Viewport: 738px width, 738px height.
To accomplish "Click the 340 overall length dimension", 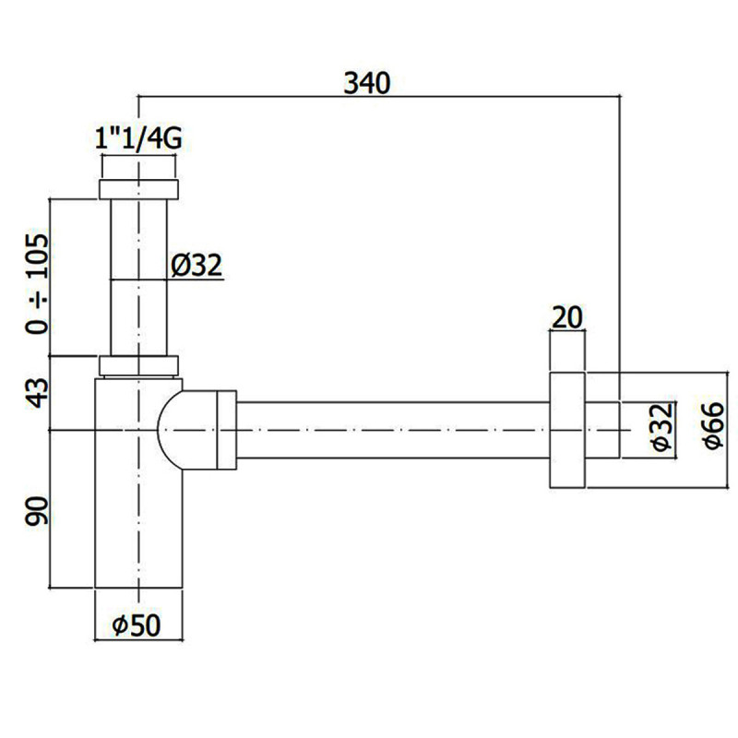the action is [x=366, y=83].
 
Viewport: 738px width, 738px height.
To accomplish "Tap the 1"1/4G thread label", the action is [x=138, y=139].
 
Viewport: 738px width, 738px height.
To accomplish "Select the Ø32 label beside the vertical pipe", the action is [x=196, y=266].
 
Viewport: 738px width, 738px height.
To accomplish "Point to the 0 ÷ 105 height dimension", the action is [x=37, y=284].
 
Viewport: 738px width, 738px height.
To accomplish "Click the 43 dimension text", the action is [x=37, y=393].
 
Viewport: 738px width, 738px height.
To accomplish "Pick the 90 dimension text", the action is [x=37, y=511].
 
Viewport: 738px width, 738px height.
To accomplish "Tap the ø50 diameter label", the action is [x=137, y=625].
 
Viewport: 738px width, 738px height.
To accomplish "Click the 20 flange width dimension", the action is [x=566, y=317].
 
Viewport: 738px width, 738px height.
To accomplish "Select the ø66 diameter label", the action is [x=712, y=425].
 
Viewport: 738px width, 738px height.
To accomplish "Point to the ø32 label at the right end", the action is [x=662, y=427].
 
